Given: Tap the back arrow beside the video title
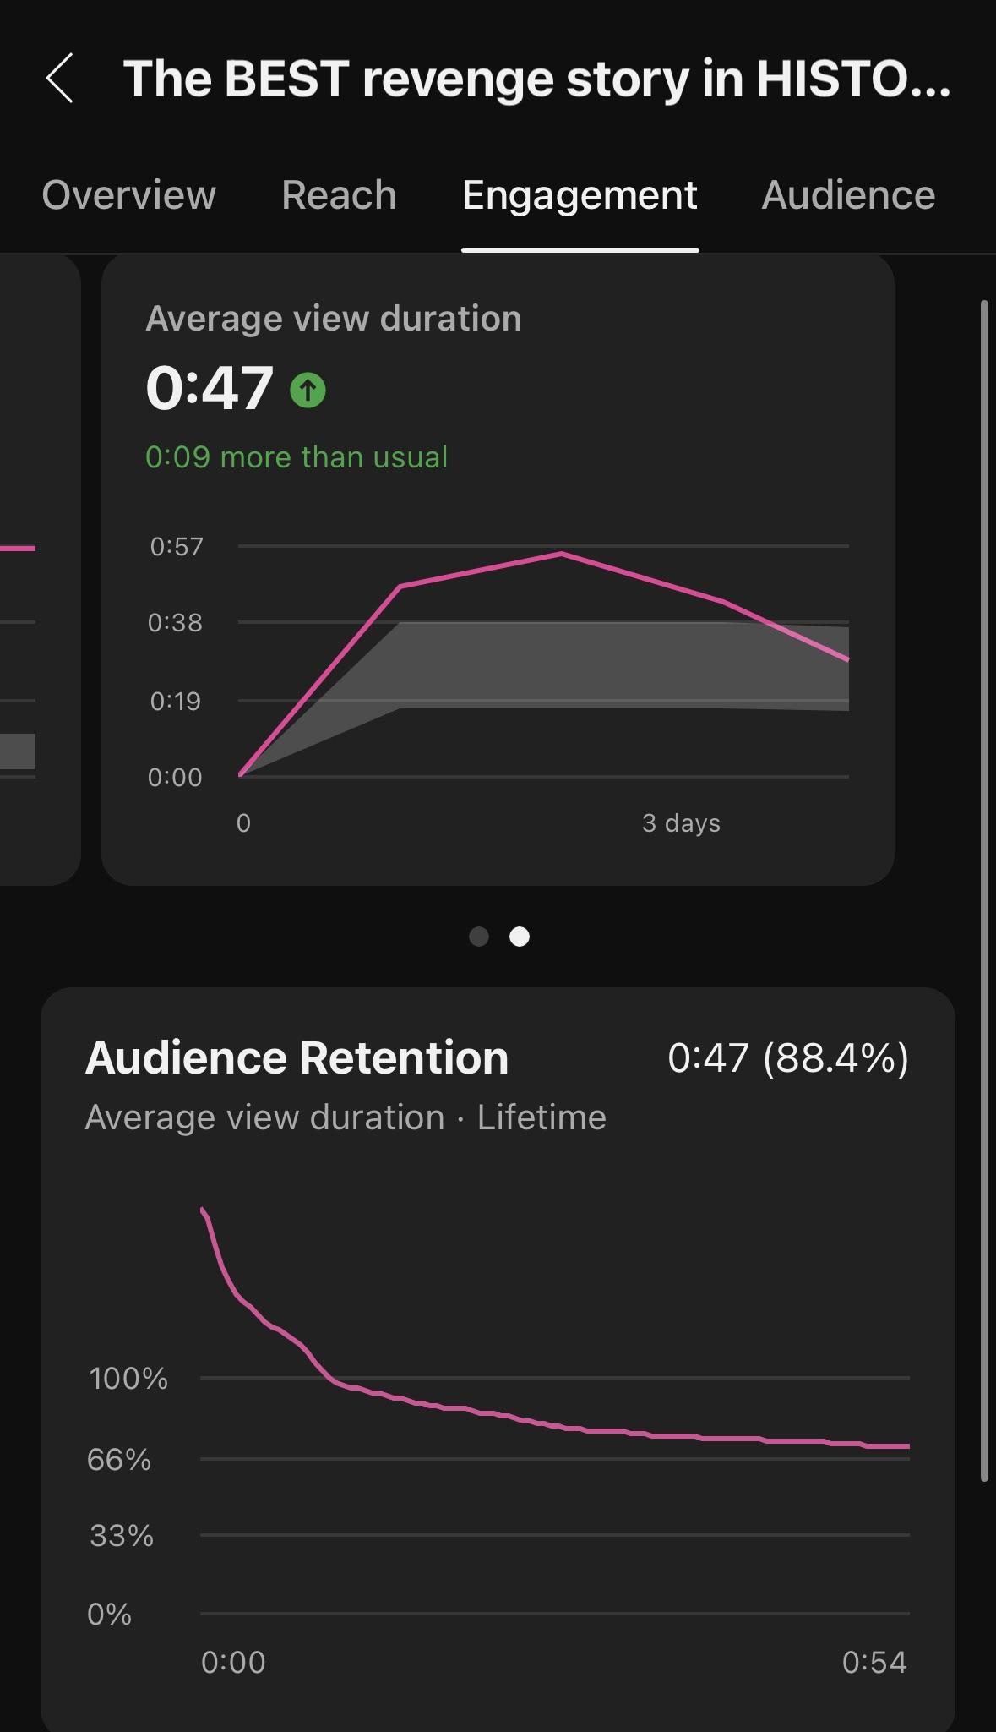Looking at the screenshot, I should (x=60, y=79).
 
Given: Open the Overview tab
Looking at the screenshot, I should (x=129, y=195).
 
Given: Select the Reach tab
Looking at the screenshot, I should (x=339, y=195).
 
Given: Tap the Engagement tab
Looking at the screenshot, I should (x=580, y=195).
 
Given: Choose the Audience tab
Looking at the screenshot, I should (x=848, y=195).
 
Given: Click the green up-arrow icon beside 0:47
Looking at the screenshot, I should (x=308, y=391).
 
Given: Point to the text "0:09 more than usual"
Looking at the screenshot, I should (x=297, y=457).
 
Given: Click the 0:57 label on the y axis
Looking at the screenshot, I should (x=177, y=547).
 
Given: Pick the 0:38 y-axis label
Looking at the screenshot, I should (x=175, y=623).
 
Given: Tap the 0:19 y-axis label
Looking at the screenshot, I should (x=175, y=701).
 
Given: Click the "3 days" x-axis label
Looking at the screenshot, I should (x=681, y=823).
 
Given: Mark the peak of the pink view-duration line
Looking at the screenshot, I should (x=562, y=554).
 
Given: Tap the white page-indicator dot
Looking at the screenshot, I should (x=520, y=937).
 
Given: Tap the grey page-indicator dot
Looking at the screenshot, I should (x=479, y=937).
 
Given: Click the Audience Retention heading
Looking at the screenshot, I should (x=297, y=1057).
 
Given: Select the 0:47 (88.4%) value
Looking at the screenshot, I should (x=787, y=1057).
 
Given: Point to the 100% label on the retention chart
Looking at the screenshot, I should (x=128, y=1379).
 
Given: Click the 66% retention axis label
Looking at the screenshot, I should (x=119, y=1460).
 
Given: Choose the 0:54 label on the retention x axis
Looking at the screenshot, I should (x=874, y=1663).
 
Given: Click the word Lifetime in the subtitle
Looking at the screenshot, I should (x=542, y=1117).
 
